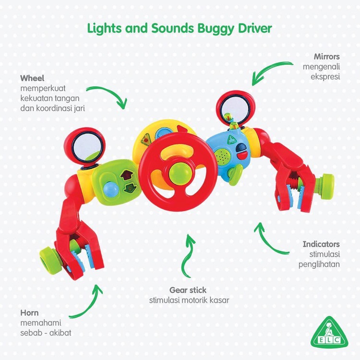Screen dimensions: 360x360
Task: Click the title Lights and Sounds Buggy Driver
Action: tap(180, 28)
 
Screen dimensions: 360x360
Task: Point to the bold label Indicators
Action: tap(321, 244)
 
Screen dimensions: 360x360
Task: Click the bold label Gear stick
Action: tap(188, 290)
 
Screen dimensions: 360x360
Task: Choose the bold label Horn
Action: tap(29, 312)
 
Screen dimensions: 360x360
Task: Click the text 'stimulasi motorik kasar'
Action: tap(189, 300)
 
